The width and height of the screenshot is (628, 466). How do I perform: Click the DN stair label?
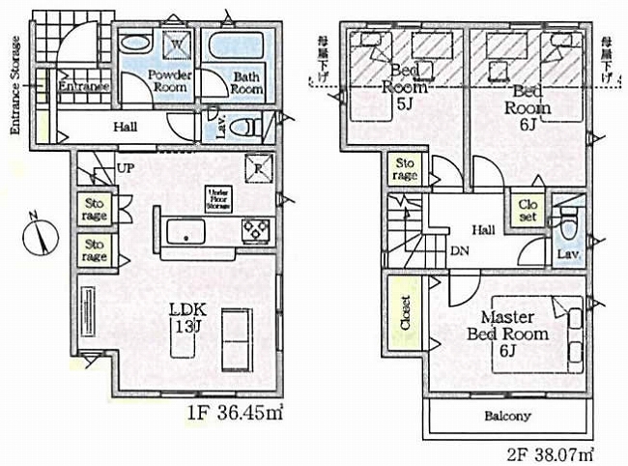(459, 250)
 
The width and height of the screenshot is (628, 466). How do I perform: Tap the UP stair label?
(125, 168)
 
